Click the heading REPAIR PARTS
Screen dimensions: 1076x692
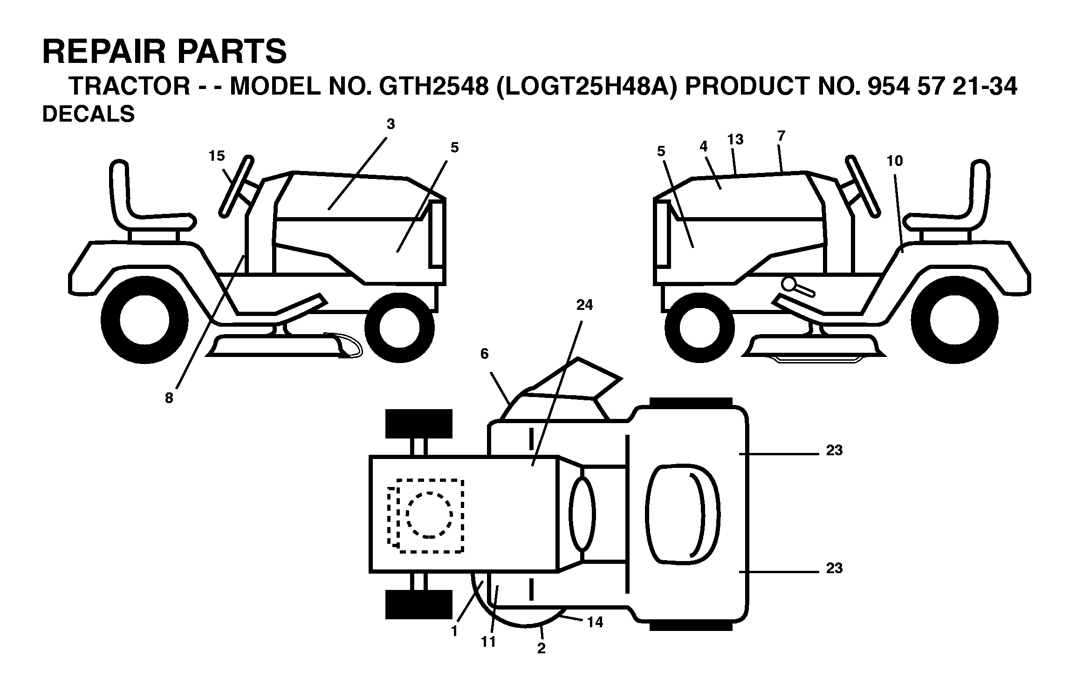click(164, 52)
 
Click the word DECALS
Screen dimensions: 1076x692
click(89, 114)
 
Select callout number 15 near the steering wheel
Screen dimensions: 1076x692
click(217, 156)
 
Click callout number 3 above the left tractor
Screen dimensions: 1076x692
click(391, 124)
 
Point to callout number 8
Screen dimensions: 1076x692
click(169, 398)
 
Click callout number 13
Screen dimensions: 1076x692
click(735, 139)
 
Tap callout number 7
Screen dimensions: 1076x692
click(781, 136)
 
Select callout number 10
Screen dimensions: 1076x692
click(895, 161)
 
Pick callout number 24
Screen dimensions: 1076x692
click(585, 305)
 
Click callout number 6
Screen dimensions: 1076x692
click(485, 354)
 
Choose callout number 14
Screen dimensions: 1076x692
click(596, 622)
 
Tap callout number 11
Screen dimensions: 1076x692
click(488, 642)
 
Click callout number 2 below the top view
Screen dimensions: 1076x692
click(541, 648)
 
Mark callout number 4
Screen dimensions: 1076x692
click(703, 146)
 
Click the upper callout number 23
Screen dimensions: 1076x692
click(834, 451)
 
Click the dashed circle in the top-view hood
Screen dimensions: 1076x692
click(429, 515)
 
